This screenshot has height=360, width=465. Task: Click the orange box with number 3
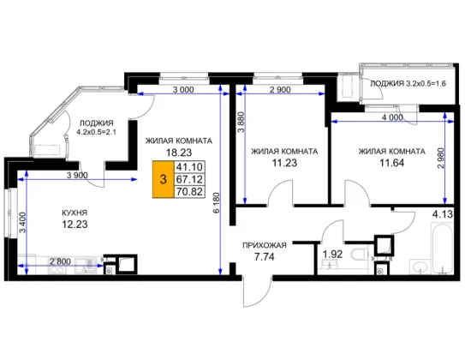163,179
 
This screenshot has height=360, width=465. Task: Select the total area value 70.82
189,192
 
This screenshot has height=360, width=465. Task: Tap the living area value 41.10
189,167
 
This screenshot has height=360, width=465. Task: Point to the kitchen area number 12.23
75,224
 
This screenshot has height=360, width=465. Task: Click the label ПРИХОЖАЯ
265,245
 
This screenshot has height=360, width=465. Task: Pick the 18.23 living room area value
179,153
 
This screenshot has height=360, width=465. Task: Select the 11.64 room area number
392,163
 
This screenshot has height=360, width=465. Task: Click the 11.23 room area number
284,163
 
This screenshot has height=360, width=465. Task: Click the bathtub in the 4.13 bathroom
442,248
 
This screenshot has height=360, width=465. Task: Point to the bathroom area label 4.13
443,213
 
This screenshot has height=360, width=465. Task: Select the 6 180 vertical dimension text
217,202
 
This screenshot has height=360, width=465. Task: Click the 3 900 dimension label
77,176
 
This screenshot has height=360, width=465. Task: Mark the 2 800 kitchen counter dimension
60,261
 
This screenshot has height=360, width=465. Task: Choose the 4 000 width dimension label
392,117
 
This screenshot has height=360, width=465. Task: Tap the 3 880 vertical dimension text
241,122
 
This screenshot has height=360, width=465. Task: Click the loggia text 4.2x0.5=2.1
97,132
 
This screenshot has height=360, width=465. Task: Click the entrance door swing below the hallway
257,291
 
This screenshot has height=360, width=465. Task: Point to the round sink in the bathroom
420,267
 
